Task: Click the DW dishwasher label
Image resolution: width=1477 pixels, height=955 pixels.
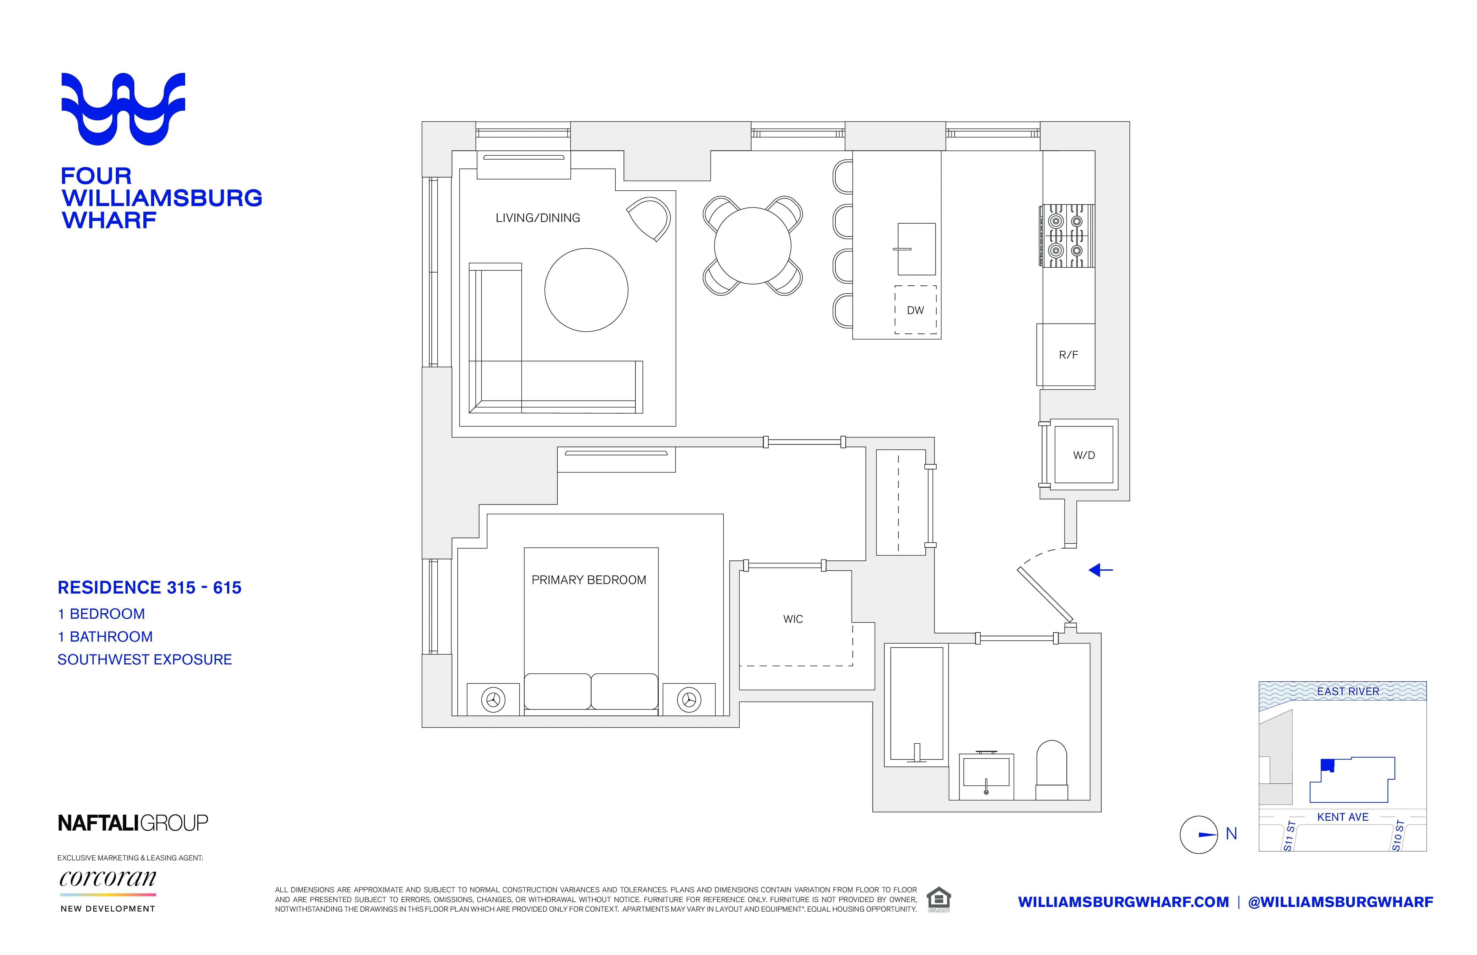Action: click(x=915, y=310)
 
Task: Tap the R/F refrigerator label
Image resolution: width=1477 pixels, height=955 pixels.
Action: click(x=1068, y=355)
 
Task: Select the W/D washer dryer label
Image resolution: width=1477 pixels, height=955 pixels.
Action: click(x=1083, y=455)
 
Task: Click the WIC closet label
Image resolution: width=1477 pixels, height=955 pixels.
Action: click(x=792, y=619)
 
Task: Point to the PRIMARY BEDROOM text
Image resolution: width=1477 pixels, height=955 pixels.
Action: click(x=588, y=580)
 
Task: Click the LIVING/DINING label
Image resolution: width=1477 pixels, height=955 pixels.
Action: click(x=538, y=218)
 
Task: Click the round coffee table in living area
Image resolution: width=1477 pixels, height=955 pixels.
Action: click(x=586, y=290)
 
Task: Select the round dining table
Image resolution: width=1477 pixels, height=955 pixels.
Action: click(x=752, y=246)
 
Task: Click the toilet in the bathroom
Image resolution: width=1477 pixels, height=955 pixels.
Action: click(x=1051, y=769)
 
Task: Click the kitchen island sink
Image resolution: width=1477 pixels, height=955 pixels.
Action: click(x=916, y=249)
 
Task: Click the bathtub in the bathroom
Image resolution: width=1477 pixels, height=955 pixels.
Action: click(x=916, y=704)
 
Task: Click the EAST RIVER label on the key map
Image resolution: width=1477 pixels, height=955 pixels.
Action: click(x=1348, y=691)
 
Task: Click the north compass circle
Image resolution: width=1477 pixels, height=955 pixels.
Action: click(x=1198, y=834)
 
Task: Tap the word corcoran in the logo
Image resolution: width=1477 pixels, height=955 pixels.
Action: click(x=107, y=878)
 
